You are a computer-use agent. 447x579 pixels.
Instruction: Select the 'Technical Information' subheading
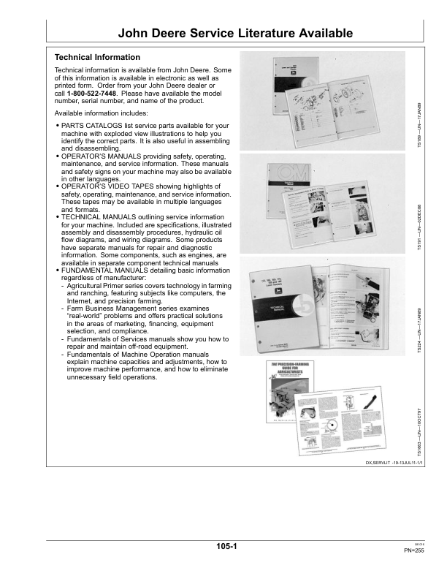(x=97, y=56)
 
